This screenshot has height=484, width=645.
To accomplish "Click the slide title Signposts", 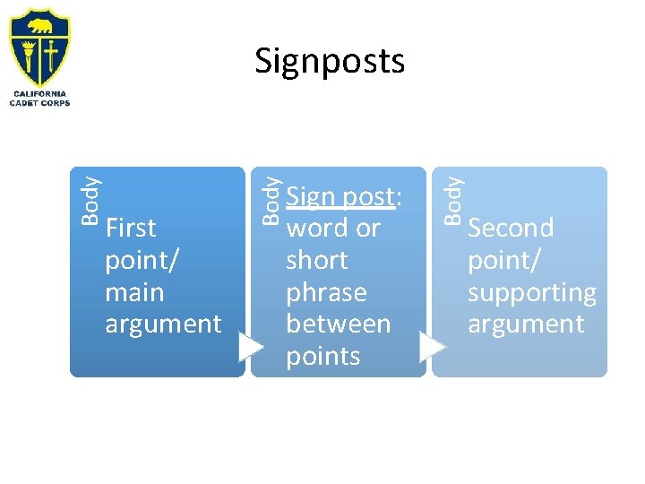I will pyautogui.click(x=330, y=61).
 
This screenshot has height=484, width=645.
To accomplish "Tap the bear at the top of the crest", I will pyautogui.click(x=39, y=26).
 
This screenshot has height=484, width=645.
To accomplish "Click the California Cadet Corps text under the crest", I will pyautogui.click(x=39, y=98).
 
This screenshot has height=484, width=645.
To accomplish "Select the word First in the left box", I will pyautogui.click(x=131, y=229).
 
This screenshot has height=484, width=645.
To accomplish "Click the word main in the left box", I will pyautogui.click(x=134, y=292).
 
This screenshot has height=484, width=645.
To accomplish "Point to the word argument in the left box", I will pyautogui.click(x=163, y=324).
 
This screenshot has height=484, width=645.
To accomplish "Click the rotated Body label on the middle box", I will pyautogui.click(x=271, y=199).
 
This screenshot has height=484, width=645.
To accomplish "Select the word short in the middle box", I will pyautogui.click(x=316, y=260).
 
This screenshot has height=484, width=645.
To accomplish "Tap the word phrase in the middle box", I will pyautogui.click(x=326, y=292).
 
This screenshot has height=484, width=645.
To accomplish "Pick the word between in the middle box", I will pyautogui.click(x=338, y=324).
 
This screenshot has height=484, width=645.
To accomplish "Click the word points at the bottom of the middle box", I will pyautogui.click(x=322, y=356).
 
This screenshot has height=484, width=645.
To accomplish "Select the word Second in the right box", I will pyautogui.click(x=511, y=229).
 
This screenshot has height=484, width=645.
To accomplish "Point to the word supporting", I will pyautogui.click(x=531, y=293).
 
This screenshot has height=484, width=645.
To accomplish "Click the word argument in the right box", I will pyautogui.click(x=526, y=324).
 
